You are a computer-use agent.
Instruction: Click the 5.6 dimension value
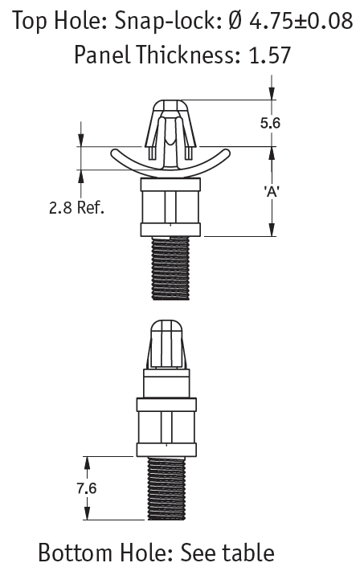click(x=270, y=123)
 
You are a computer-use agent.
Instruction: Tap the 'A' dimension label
click(x=272, y=192)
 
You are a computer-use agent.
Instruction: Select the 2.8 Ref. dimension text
click(x=76, y=207)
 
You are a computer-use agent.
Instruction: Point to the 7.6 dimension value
click(x=86, y=488)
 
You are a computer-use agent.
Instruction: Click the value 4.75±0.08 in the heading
click(x=301, y=21)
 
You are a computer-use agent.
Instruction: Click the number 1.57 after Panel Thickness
click(x=269, y=55)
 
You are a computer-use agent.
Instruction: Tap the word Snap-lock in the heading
click(x=168, y=21)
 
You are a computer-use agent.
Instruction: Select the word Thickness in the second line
click(x=188, y=55)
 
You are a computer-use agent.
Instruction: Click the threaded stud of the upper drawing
click(x=170, y=268)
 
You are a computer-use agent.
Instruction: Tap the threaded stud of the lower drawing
click(x=166, y=488)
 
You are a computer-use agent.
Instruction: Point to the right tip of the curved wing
click(x=228, y=153)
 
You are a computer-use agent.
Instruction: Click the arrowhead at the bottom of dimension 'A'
click(x=272, y=229)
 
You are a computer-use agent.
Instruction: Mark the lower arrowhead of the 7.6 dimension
click(x=87, y=512)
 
